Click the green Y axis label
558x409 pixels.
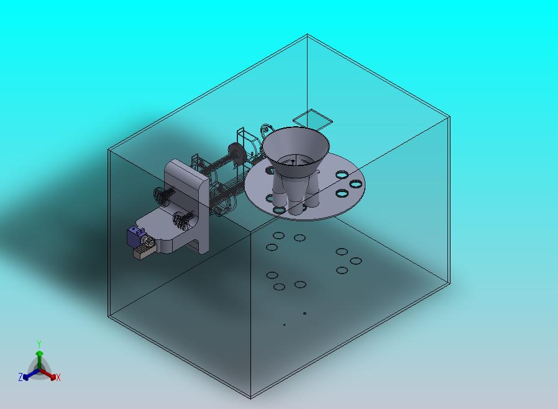click(39, 344)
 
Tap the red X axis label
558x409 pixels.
click(58, 378)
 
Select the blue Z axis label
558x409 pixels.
click(21, 377)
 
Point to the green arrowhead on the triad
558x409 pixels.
click(40, 354)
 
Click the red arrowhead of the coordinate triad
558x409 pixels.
click(53, 377)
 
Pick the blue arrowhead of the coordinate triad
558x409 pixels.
click(25, 377)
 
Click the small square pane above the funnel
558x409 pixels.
click(313, 119)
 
